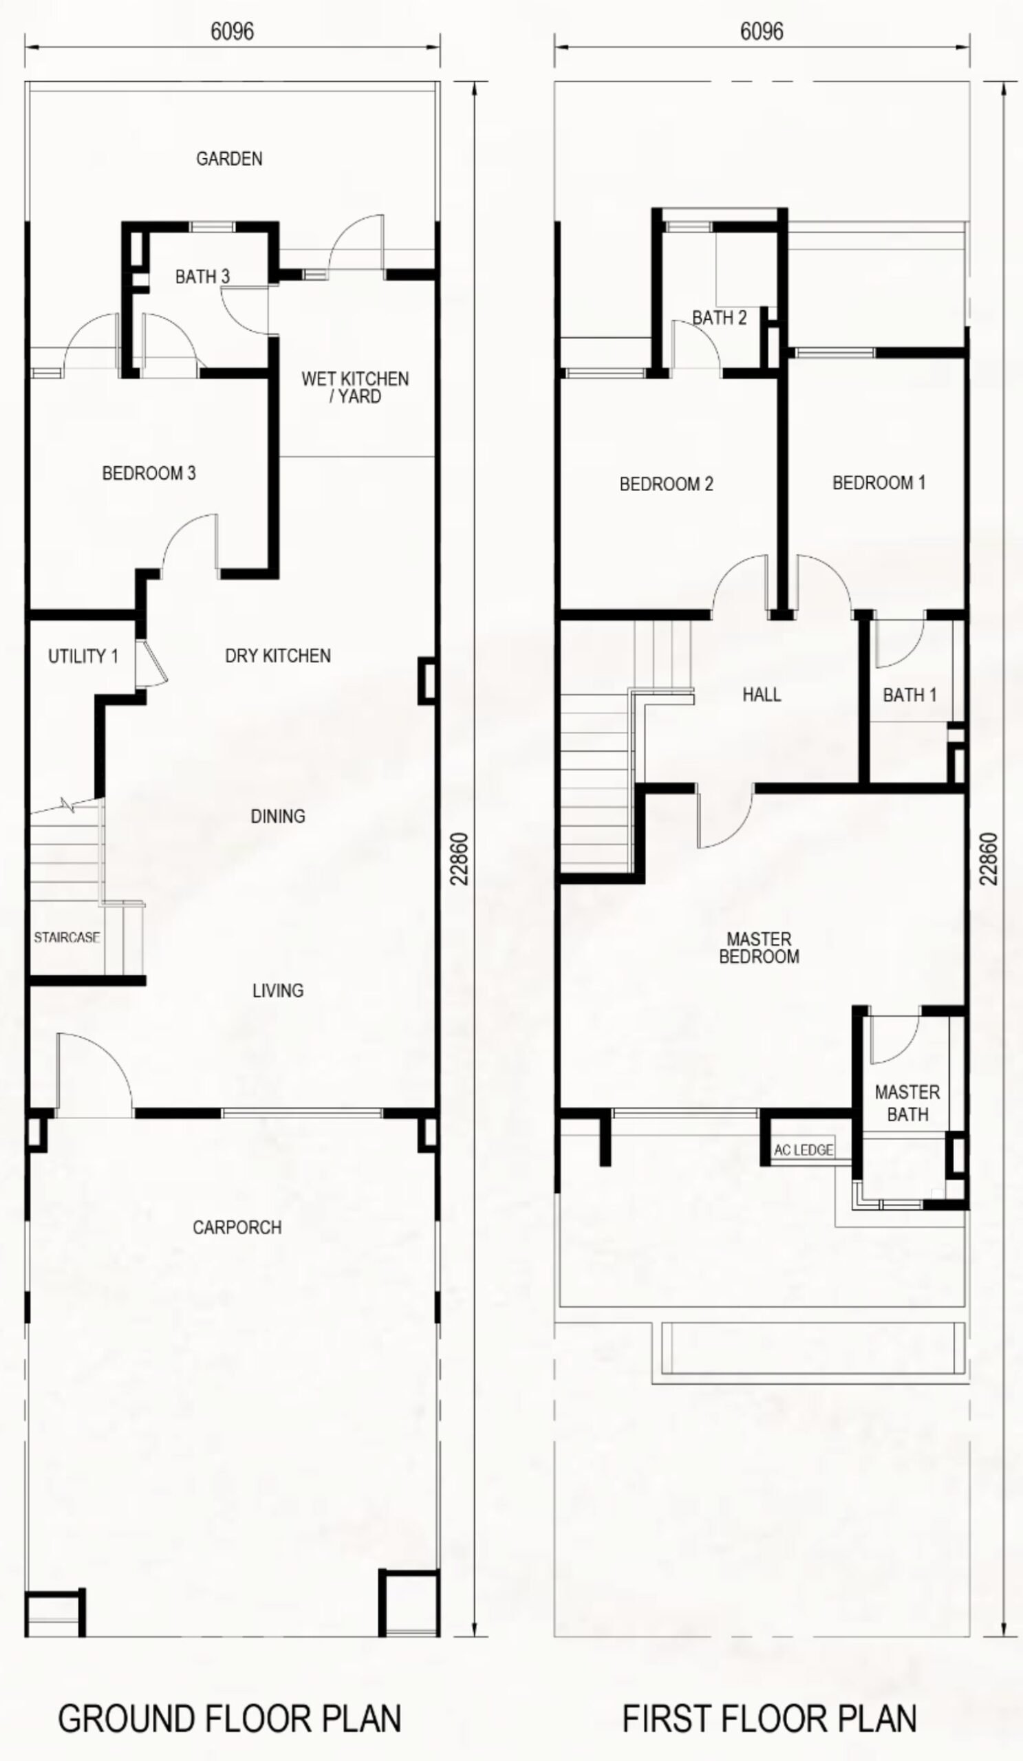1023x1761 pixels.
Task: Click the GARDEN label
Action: (x=229, y=159)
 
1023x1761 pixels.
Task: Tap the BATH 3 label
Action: (x=202, y=277)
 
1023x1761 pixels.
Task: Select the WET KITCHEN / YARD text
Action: (x=355, y=388)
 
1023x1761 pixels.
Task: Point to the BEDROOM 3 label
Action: (x=149, y=473)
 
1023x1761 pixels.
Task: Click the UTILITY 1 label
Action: (x=83, y=656)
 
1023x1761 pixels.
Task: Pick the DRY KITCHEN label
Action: (x=277, y=656)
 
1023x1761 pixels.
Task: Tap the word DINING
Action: (x=277, y=816)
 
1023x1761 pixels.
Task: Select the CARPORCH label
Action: (x=237, y=1227)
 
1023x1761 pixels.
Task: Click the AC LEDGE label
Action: (x=804, y=1149)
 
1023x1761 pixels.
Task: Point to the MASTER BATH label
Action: (x=907, y=1103)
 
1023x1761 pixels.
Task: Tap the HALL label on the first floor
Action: (x=762, y=695)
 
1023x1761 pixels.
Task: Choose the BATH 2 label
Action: (x=719, y=318)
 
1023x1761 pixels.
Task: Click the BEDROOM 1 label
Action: (x=879, y=482)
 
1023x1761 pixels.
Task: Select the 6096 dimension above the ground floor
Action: (x=232, y=32)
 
